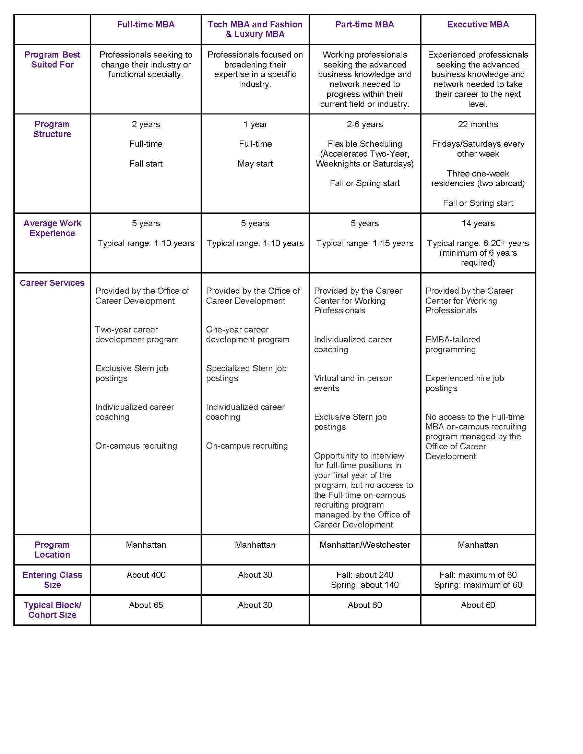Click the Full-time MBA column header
(x=146, y=25)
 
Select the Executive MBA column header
(x=478, y=25)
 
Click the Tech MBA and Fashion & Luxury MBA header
(x=255, y=29)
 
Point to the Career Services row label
(x=52, y=283)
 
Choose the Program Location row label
(x=52, y=550)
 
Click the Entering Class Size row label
(x=52, y=580)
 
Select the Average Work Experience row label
(x=52, y=228)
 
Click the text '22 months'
(x=478, y=124)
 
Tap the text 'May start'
(x=255, y=163)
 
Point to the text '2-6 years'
(x=365, y=124)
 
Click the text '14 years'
(x=478, y=223)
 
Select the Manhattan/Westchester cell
(x=365, y=545)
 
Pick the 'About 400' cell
(x=146, y=575)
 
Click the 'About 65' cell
(x=146, y=605)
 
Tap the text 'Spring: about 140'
(x=365, y=585)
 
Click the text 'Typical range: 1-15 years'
(x=365, y=243)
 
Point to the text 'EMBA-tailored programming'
(x=452, y=344)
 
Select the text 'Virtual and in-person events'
(x=353, y=383)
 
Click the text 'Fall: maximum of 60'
(x=478, y=575)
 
